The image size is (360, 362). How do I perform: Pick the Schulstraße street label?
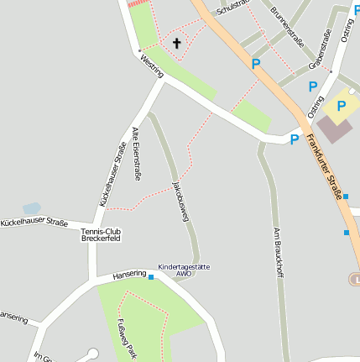click(232, 8)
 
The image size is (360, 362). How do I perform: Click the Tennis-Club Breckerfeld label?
click(102, 235)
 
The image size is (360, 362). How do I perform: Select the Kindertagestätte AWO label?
click(184, 270)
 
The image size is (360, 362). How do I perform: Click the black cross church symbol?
click(177, 42)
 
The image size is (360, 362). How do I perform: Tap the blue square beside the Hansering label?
click(152, 276)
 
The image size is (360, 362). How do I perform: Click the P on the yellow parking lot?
click(342, 107)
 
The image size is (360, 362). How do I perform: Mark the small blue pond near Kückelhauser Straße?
click(31, 208)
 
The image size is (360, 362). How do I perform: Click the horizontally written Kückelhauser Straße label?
click(34, 223)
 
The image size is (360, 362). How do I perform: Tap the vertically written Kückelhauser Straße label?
click(112, 176)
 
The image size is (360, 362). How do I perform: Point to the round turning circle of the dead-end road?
click(93, 354)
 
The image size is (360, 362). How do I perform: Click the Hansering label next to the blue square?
click(129, 275)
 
